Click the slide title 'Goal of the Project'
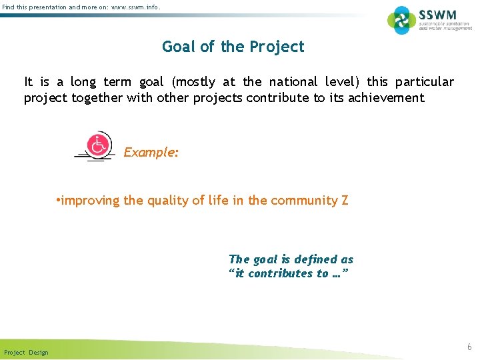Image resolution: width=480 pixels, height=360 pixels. [x=233, y=47]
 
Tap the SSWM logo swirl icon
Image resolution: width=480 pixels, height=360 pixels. [x=401, y=20]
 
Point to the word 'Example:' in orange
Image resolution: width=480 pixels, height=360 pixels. [x=151, y=152]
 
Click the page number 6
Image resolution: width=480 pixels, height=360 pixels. [x=469, y=347]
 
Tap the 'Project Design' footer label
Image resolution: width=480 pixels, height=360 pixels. [x=26, y=352]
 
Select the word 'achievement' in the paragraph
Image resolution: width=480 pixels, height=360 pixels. [x=385, y=98]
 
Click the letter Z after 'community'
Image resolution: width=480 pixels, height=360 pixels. [x=345, y=200]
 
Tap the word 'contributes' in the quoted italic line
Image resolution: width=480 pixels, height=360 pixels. [x=281, y=273]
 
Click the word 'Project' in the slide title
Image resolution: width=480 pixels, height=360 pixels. [x=276, y=47]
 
